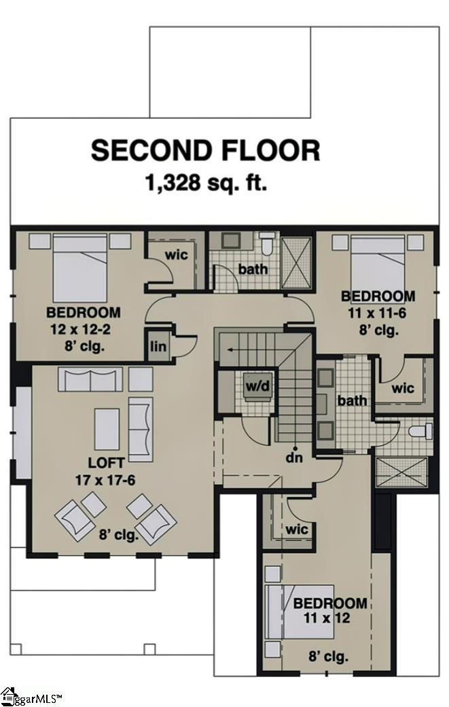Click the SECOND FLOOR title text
pyautogui.click(x=205, y=150)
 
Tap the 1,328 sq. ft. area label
pyautogui.click(x=205, y=183)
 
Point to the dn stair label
pyautogui.click(x=293, y=458)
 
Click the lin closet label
pyautogui.click(x=157, y=345)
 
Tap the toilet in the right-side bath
pyautogui.click(x=420, y=431)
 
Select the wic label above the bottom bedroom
pyautogui.click(x=297, y=528)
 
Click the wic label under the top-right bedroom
pyautogui.click(x=403, y=389)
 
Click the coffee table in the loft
pyautogui.click(x=107, y=428)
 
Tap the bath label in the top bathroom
pyautogui.click(x=253, y=270)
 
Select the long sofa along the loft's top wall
pyautogui.click(x=90, y=379)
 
